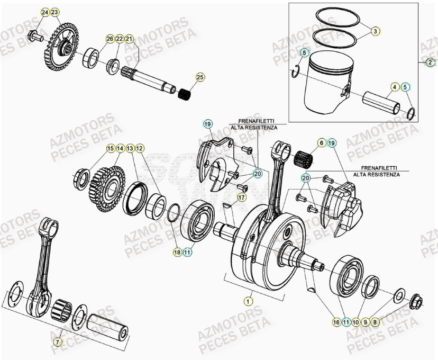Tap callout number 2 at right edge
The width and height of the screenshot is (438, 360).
point(430,62)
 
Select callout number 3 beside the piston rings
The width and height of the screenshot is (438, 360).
point(375,31)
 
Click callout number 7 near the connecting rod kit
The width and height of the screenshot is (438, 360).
point(57,342)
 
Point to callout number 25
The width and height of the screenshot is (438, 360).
point(199,78)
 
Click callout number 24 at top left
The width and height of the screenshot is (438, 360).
point(45,12)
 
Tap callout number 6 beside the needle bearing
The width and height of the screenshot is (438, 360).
point(321,143)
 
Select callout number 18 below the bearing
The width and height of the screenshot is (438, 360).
point(177,253)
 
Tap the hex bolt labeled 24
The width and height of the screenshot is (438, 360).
point(34,36)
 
